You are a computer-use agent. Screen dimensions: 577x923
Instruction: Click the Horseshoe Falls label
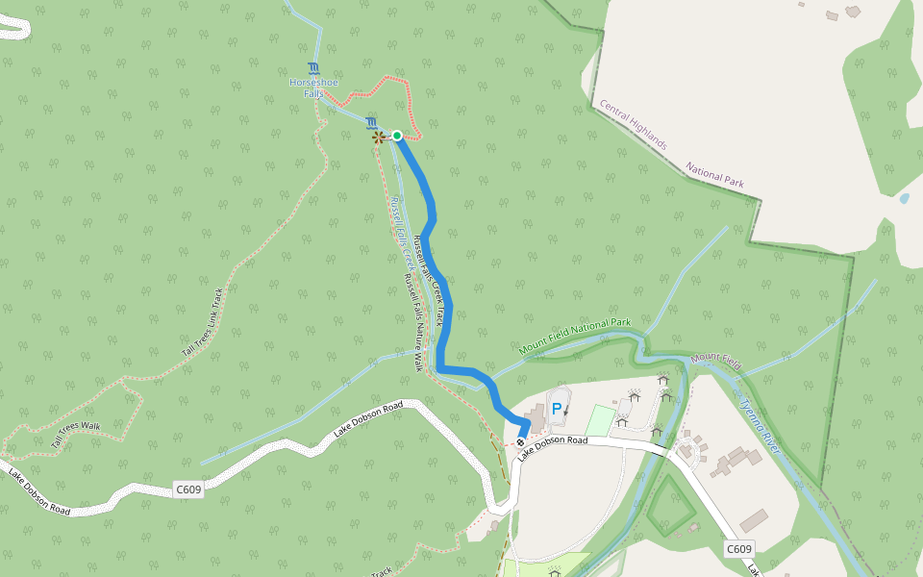click(x=313, y=88)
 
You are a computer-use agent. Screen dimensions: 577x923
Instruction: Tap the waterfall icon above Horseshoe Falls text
click(x=313, y=68)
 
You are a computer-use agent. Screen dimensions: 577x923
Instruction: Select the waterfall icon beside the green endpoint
click(x=371, y=122)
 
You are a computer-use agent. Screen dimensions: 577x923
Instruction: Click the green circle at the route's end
click(x=397, y=136)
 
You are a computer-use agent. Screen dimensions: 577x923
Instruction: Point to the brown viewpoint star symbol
click(x=378, y=138)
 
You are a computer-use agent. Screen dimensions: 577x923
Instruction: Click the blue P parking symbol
click(x=556, y=409)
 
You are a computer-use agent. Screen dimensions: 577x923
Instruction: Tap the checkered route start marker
click(x=520, y=443)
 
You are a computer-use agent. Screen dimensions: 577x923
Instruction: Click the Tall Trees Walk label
click(x=76, y=434)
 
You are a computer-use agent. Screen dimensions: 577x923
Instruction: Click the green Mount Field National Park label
click(x=574, y=338)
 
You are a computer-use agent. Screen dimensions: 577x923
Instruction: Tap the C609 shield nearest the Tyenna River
click(x=738, y=549)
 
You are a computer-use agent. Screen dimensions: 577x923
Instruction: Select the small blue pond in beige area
click(x=904, y=199)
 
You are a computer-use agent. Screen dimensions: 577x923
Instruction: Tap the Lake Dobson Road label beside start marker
click(x=553, y=447)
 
